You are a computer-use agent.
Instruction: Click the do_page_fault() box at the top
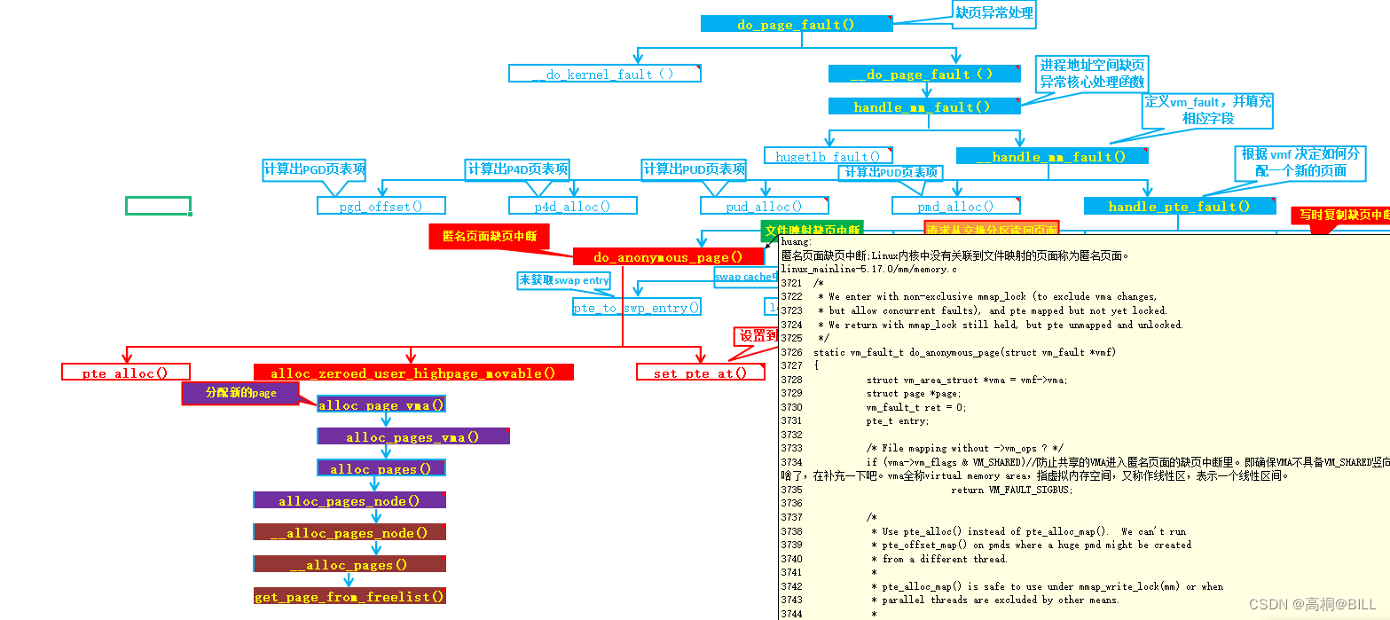796,24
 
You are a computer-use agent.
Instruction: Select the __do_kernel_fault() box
604,74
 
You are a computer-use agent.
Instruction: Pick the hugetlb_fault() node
828,156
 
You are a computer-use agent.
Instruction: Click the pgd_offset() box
381,206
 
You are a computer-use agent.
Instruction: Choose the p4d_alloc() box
572,206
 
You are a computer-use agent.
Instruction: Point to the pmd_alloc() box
955,206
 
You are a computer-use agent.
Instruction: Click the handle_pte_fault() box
1179,206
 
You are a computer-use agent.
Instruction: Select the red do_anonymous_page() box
668,257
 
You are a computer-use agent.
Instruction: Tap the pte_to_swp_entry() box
636,308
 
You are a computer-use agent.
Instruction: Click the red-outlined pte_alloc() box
125,373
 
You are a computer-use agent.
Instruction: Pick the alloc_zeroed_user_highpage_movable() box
413,373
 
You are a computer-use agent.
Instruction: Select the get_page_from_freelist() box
349,596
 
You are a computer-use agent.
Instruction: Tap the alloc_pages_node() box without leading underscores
349,500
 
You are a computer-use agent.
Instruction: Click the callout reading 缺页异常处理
993,12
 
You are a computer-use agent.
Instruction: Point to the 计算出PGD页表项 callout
314,169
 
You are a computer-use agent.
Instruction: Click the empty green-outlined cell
158,206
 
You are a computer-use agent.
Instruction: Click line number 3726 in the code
791,352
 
